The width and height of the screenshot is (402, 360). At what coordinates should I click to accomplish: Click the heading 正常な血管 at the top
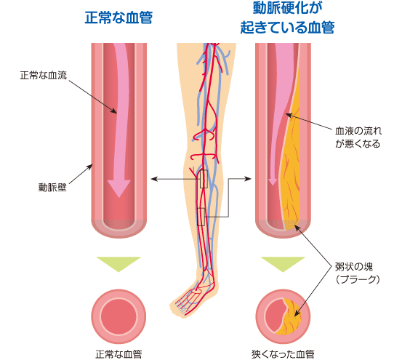[118, 17]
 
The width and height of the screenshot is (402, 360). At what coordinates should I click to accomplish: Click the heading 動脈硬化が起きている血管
[287, 17]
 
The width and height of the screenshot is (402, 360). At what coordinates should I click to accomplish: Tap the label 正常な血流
[44, 75]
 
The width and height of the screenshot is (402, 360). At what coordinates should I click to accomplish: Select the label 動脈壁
[52, 187]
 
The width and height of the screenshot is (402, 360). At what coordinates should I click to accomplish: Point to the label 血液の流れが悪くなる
[358, 137]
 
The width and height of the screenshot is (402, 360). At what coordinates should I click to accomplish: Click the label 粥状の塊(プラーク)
[358, 273]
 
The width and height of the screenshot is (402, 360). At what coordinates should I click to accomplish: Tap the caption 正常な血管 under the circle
[118, 354]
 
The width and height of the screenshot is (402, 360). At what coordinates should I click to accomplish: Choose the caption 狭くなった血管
[283, 354]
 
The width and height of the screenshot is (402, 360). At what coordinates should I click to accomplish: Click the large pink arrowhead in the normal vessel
[119, 188]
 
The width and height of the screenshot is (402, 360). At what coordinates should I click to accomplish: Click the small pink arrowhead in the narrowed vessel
[273, 181]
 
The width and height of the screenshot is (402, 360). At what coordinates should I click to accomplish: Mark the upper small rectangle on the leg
[204, 179]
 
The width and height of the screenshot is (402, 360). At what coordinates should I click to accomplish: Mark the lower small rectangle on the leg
[201, 217]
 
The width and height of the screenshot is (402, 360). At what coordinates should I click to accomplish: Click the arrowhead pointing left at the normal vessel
[154, 179]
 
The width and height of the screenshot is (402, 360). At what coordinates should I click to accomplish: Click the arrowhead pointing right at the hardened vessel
[248, 179]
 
